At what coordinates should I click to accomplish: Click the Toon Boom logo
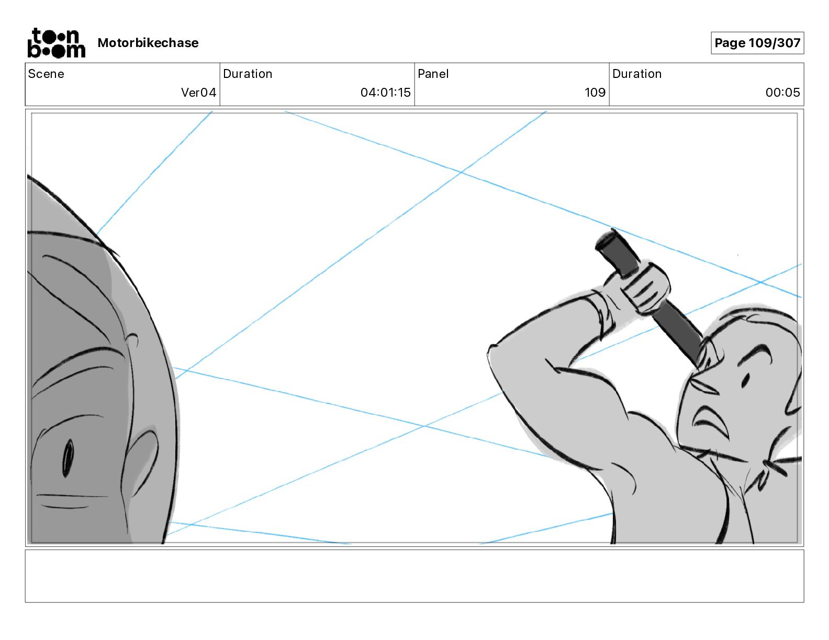(56, 43)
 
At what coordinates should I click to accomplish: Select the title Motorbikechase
(148, 43)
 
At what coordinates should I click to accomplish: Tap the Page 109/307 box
(757, 43)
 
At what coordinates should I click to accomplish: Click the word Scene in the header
(46, 74)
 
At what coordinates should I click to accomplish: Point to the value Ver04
(198, 92)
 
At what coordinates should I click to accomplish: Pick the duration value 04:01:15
(385, 92)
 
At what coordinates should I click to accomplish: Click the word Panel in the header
(433, 74)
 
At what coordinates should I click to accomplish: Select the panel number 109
(595, 92)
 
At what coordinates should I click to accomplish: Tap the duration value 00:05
(782, 92)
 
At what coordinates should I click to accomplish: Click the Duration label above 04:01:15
(248, 74)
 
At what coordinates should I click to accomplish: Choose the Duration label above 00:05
(637, 74)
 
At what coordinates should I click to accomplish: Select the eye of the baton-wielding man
(745, 380)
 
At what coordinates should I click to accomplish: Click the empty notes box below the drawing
(414, 576)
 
